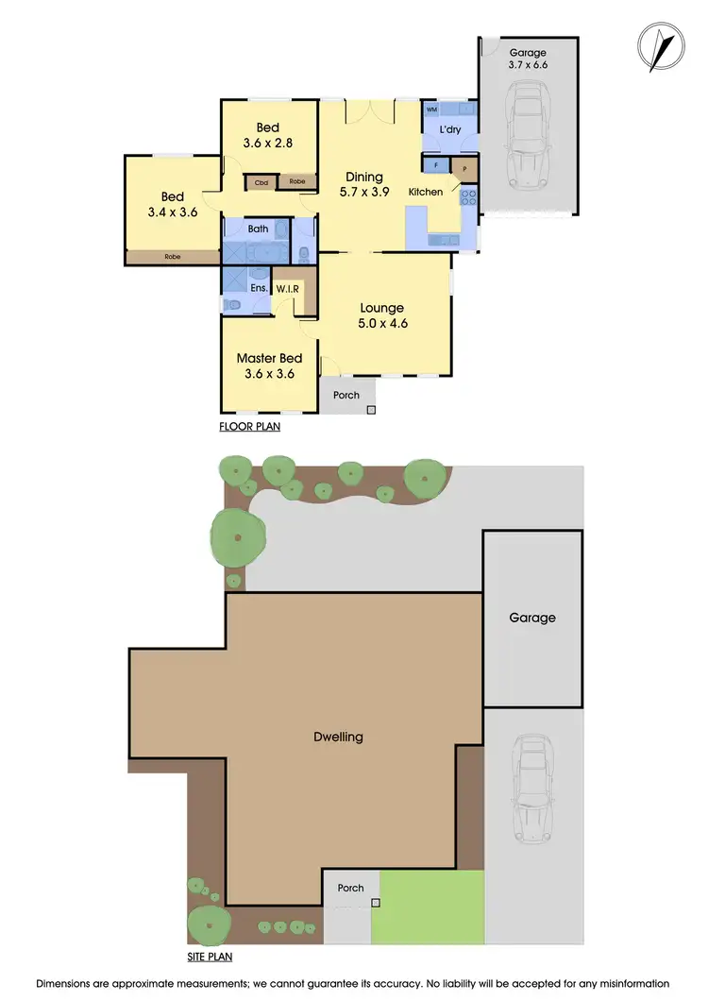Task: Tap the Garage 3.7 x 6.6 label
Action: pyautogui.click(x=528, y=59)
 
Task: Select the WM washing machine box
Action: pyautogui.click(x=431, y=110)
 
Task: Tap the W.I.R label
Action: pyautogui.click(x=289, y=289)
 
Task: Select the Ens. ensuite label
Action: pyautogui.click(x=258, y=288)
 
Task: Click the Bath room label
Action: pyautogui.click(x=258, y=229)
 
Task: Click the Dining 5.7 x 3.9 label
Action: pyautogui.click(x=363, y=184)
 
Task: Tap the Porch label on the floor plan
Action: pyautogui.click(x=346, y=395)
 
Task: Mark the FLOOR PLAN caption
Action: pyautogui.click(x=249, y=427)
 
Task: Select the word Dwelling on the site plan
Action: pyautogui.click(x=338, y=737)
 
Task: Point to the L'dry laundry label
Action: pyautogui.click(x=448, y=130)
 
